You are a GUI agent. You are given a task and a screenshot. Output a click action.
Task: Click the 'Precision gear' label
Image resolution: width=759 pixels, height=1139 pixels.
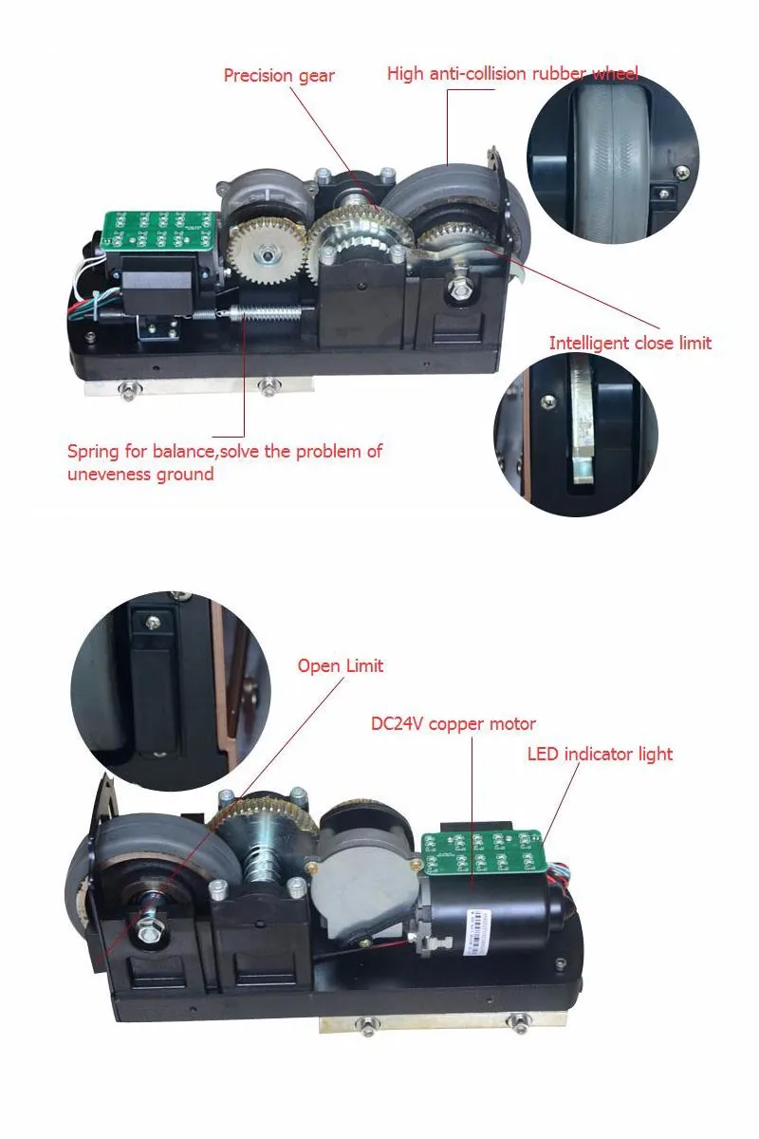click(x=279, y=75)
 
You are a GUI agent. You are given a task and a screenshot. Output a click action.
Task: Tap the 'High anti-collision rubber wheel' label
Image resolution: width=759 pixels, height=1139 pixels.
click(x=512, y=73)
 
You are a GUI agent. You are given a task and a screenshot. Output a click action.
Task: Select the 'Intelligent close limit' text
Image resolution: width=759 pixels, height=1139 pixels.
click(x=630, y=343)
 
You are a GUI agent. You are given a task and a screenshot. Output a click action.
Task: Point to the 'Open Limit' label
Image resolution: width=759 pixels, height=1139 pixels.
click(x=341, y=665)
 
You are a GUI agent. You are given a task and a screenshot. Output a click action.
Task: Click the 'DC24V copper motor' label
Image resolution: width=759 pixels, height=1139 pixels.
click(x=454, y=724)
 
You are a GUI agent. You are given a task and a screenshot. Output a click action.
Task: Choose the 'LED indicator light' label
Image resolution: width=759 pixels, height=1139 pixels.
click(x=600, y=755)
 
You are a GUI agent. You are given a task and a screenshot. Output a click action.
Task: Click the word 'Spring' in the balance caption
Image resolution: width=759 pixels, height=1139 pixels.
click(x=94, y=451)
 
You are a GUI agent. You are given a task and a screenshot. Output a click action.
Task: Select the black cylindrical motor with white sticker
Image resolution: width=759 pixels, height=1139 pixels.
click(x=493, y=916)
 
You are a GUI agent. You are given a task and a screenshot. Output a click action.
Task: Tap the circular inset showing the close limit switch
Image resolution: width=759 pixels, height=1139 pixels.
click(x=576, y=435)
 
